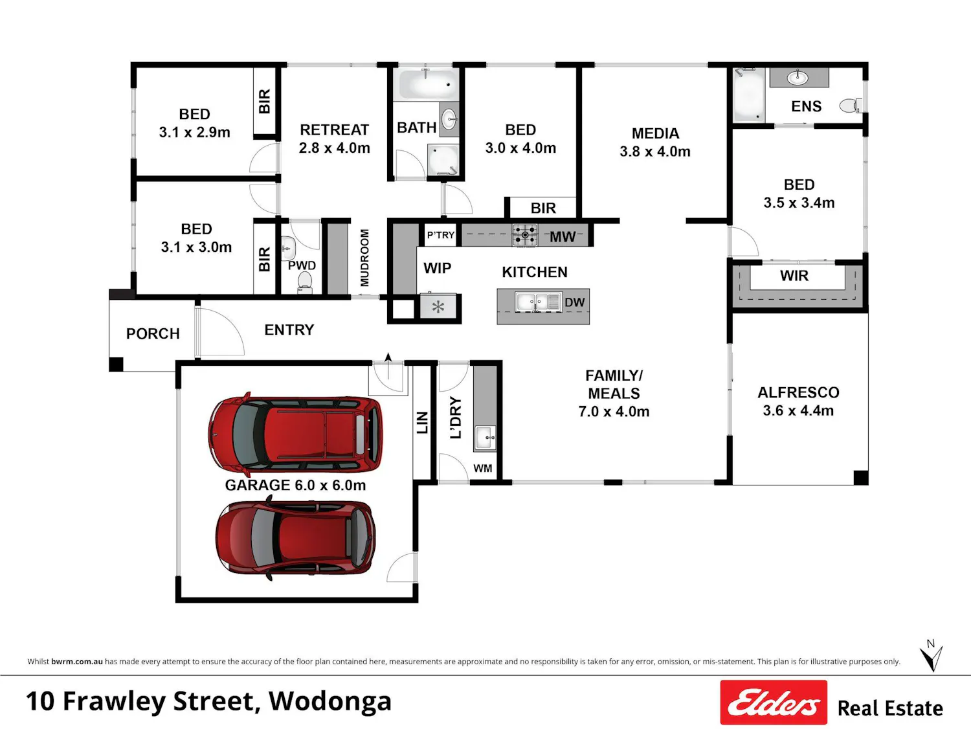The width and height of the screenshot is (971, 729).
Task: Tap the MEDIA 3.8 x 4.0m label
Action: tap(654, 142)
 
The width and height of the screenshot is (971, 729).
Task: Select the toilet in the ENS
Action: tap(851, 106)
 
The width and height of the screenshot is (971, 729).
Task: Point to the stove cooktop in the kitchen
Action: tap(525, 235)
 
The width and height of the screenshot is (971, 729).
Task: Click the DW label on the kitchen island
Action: tap(575, 302)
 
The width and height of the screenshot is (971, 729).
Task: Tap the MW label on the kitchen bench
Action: tap(563, 237)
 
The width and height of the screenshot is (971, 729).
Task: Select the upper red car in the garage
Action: tap(295, 434)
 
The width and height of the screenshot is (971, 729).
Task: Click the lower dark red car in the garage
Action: tap(295, 537)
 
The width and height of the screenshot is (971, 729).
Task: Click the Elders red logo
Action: tap(774, 702)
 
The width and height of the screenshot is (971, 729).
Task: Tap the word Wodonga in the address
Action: tap(330, 702)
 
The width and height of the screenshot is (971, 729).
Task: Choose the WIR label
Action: tap(794, 276)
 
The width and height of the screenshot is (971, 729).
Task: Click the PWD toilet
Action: tap(304, 282)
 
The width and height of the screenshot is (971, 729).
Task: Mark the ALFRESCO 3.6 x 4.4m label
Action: tap(798, 401)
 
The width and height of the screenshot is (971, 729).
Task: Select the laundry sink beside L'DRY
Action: tap(485, 438)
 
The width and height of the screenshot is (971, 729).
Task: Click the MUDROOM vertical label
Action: tap(364, 258)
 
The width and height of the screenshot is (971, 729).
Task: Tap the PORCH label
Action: tap(153, 333)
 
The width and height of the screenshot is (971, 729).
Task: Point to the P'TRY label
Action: tap(441, 235)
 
